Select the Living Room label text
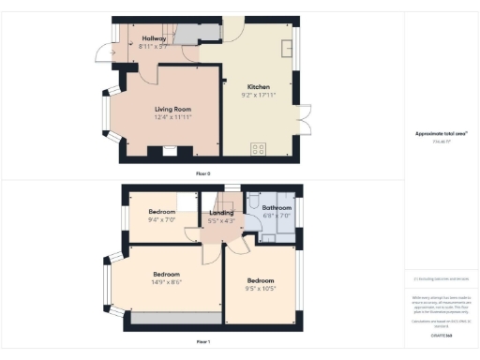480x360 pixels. click(x=173, y=109)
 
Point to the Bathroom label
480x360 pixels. click(x=277, y=207)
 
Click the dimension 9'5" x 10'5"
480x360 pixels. click(x=260, y=288)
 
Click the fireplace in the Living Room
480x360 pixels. click(x=170, y=150)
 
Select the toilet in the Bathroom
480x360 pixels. click(x=252, y=202)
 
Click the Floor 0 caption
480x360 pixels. click(x=202, y=174)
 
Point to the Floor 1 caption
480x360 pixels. click(x=202, y=342)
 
